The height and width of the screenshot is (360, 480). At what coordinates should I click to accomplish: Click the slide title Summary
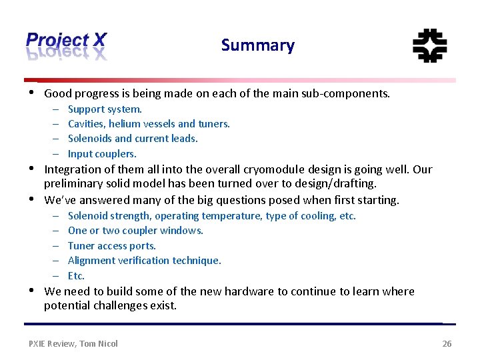tap(257, 45)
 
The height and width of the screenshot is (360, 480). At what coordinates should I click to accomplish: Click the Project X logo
tap(66, 45)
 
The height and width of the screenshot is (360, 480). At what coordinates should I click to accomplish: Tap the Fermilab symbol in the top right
tap(429, 46)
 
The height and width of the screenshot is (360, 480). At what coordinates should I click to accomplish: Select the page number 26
tap(447, 343)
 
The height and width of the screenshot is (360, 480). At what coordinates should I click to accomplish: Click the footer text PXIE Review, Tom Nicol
tap(73, 343)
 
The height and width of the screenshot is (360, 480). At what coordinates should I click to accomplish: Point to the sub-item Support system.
tap(105, 109)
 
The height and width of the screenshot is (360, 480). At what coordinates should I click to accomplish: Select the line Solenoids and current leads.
tap(133, 139)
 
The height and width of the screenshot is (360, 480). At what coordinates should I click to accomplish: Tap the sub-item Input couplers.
tap(102, 153)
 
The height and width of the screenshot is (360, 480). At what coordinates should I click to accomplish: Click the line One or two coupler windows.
tap(135, 231)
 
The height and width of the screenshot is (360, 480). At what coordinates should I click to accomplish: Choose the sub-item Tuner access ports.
tap(112, 245)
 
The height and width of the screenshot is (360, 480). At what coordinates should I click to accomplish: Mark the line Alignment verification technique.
tap(144, 261)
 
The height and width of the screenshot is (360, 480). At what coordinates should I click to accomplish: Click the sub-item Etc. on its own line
tap(76, 275)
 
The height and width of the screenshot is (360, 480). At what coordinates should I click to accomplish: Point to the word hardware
tap(248, 291)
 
